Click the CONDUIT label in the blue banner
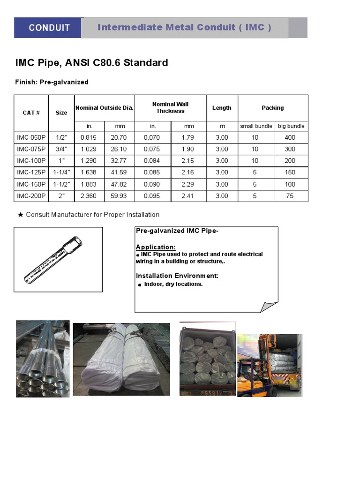tap(49, 28)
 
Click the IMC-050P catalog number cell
tap(31, 137)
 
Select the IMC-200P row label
tap(31, 196)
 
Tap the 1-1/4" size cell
tap(61, 172)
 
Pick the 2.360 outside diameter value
tap(89, 196)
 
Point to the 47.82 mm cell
tap(118, 184)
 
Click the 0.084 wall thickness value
tap(153, 161)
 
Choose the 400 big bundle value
tap(290, 137)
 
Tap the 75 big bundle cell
tap(290, 196)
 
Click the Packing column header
tap(272, 108)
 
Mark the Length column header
tap(222, 108)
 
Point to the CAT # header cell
tap(31, 112)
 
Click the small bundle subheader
tap(256, 126)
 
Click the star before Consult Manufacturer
tap(21, 215)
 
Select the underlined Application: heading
tap(156, 247)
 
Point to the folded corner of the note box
tap(269, 307)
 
